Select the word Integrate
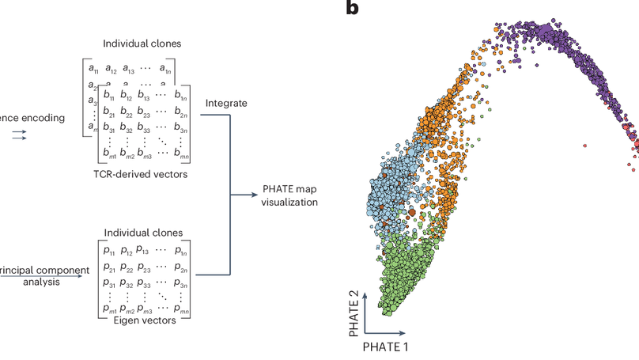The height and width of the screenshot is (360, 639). (x=227, y=104)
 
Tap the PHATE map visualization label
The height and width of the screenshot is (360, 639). (x=289, y=196)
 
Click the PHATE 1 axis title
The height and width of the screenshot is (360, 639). (x=386, y=347)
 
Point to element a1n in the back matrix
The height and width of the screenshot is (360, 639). (x=164, y=70)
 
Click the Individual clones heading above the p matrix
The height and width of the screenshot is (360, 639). (x=142, y=233)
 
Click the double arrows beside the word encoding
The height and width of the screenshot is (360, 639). (x=21, y=136)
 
